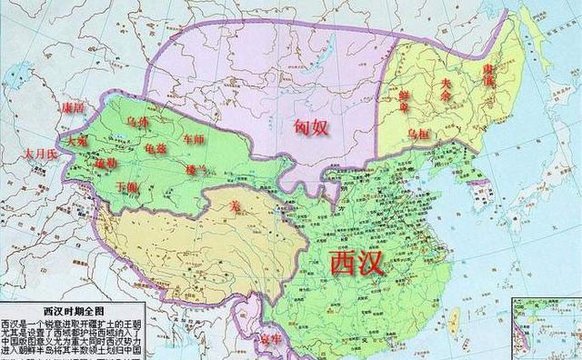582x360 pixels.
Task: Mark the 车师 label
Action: click(x=196, y=141)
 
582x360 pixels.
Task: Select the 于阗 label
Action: click(x=127, y=186)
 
